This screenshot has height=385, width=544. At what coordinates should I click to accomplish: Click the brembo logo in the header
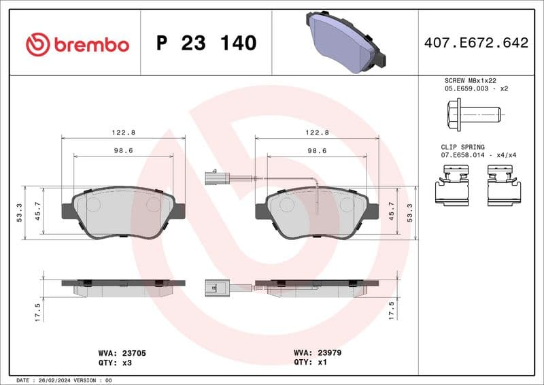[x=77, y=44]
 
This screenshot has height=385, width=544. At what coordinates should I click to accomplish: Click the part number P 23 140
[x=206, y=43]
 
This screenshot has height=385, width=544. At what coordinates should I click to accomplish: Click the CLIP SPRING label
[x=462, y=147]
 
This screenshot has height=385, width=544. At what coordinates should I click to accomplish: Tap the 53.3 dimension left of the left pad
[x=20, y=212]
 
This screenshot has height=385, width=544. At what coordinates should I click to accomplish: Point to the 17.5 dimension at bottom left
[x=38, y=312]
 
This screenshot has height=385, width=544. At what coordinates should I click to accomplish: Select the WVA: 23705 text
[x=122, y=354]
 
